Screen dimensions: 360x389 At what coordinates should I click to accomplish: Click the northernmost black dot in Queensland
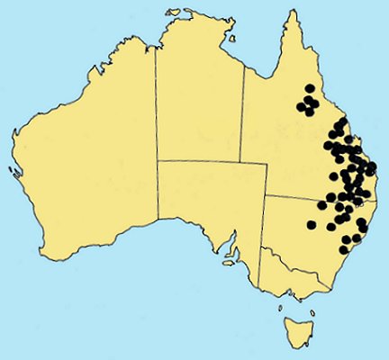point(310,88)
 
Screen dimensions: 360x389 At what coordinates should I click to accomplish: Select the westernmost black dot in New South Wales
point(312,224)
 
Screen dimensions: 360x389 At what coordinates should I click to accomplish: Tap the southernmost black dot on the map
point(344,249)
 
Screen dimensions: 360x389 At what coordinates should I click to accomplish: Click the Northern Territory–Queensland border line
point(244,117)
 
